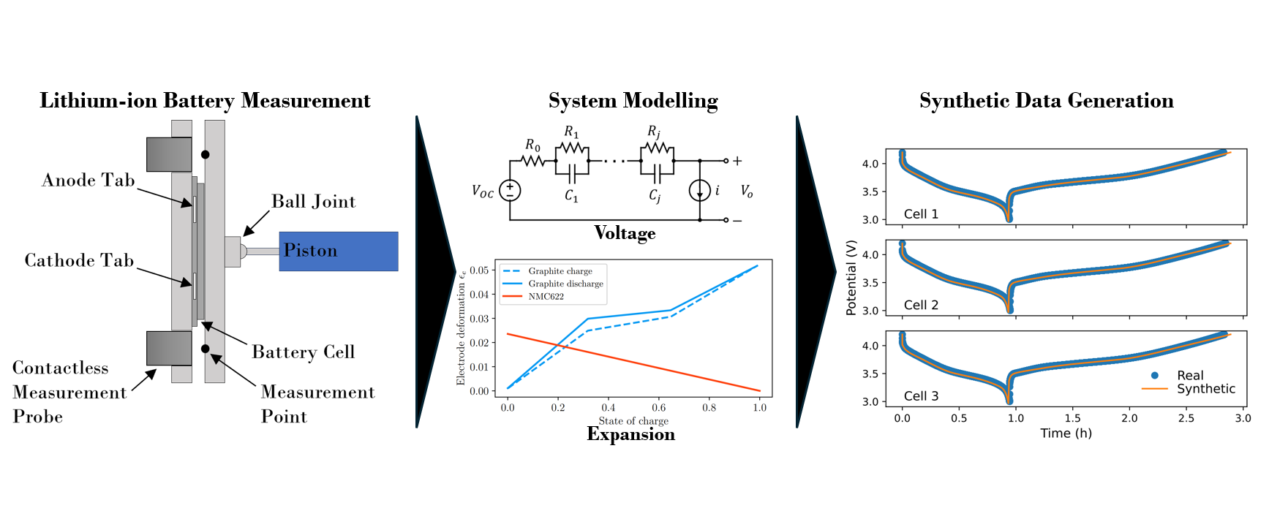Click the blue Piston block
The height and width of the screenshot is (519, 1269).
pos(339,251)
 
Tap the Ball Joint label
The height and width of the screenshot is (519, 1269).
pos(313,202)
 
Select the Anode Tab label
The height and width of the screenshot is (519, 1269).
pos(89,181)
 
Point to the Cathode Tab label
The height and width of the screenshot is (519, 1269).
pos(79,261)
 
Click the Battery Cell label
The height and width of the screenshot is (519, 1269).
pos(304,352)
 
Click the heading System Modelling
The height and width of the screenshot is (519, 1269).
pos(633,101)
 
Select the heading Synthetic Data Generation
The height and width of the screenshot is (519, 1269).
pos(1046,101)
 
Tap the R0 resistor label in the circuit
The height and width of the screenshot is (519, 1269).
pos(532,145)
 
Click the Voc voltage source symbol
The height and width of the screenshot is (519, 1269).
pos(510,191)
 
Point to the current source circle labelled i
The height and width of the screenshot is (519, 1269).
pos(700,191)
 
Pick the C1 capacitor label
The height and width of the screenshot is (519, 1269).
pos(571,196)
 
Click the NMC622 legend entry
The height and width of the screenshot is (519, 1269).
pos(546,297)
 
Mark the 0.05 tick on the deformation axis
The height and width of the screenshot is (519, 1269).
pos(479,270)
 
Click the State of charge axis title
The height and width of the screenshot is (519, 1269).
pos(633,421)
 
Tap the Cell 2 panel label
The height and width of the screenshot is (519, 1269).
pos(921,306)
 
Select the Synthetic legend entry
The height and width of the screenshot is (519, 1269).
pos(1205,389)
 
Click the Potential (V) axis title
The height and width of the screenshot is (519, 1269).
pos(851,277)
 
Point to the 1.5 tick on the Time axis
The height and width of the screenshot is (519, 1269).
pos(1072,418)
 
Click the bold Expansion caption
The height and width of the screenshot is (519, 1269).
pos(630,434)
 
